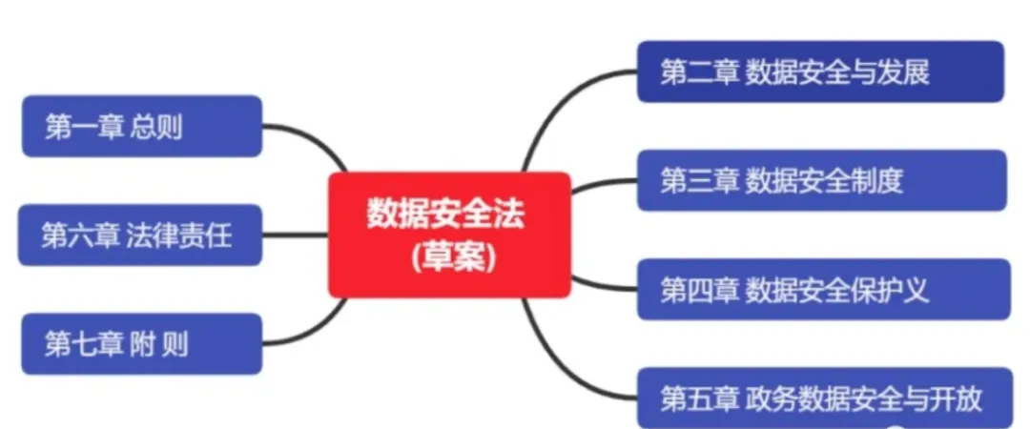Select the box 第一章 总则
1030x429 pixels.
coord(141,126)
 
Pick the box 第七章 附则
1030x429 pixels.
coord(141,343)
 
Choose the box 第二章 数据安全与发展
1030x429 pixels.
coord(820,71)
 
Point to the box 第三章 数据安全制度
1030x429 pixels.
coord(821,180)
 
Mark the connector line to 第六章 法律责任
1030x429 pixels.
coord(295,235)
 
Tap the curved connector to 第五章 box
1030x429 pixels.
coord(563,362)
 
